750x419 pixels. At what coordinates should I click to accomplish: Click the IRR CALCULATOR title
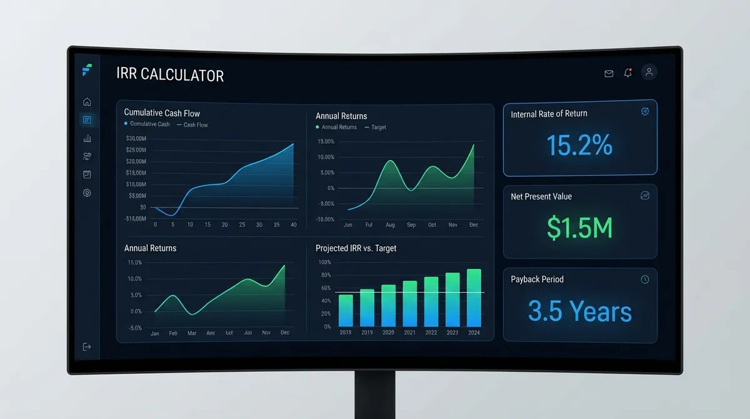coord(170,75)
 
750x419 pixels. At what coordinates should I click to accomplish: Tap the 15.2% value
coord(579,145)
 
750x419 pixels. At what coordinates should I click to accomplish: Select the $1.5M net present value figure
coord(579,228)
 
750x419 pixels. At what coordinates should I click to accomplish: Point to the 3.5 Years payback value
coord(579,311)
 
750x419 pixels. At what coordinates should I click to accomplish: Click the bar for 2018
coord(346,310)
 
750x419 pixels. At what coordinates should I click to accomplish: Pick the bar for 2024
coord(474,298)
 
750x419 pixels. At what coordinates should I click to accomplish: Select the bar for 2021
coord(410,303)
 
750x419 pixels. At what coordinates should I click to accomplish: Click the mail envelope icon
coord(609,73)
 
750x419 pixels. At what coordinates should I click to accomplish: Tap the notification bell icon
coord(627,73)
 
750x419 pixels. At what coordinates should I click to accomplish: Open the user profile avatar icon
coord(649,73)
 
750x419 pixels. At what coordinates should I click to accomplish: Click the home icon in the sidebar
coord(87,101)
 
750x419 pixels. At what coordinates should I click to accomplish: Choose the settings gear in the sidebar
coord(87,193)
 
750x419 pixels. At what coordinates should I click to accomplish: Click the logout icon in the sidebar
coord(87,346)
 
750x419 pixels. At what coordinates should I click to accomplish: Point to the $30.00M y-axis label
coord(136,138)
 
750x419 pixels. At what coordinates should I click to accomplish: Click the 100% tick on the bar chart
coord(323,263)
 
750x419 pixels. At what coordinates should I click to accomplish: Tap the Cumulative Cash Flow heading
coord(162,113)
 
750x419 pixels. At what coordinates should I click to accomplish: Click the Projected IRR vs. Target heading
coord(356,248)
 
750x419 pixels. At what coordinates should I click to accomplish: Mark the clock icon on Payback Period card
coord(645,280)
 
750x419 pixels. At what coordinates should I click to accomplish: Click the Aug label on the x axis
coord(391,225)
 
